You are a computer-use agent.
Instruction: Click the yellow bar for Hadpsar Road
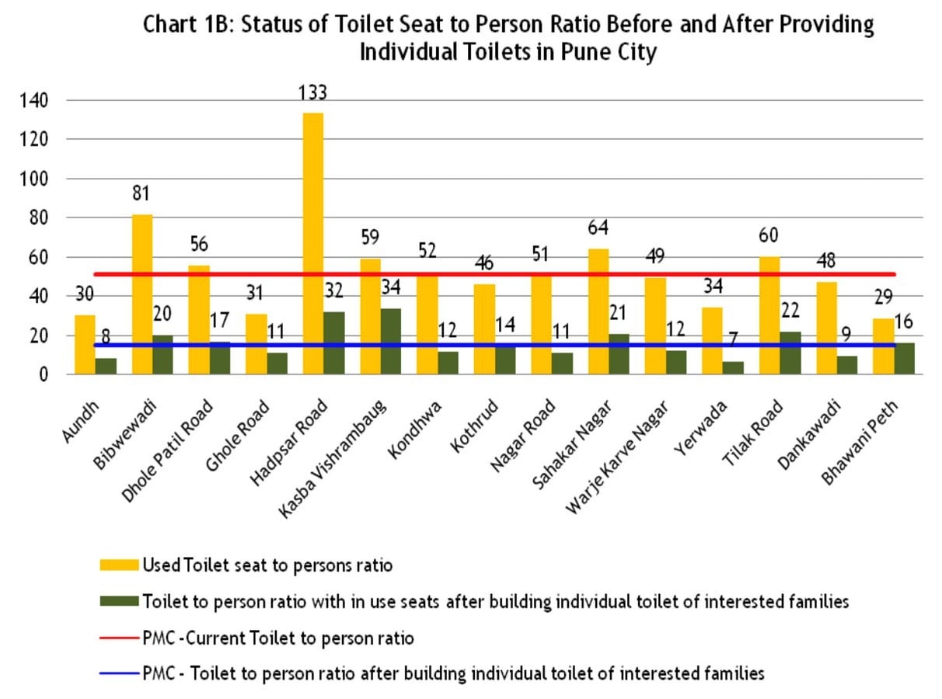pyautogui.click(x=313, y=244)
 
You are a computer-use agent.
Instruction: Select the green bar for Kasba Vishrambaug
pyautogui.click(x=391, y=341)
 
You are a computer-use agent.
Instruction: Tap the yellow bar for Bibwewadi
pyautogui.click(x=142, y=294)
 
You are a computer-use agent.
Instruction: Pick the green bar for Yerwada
pyautogui.click(x=734, y=368)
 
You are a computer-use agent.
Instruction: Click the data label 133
pyautogui.click(x=312, y=92)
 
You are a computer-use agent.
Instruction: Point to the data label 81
pyautogui.click(x=141, y=193)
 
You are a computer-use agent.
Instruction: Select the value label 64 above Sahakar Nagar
pyautogui.click(x=598, y=228)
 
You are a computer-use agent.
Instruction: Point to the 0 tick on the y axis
pyautogui.click(x=44, y=375)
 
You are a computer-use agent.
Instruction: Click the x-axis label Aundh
pyautogui.click(x=81, y=421)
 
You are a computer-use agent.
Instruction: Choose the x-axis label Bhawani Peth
pyautogui.click(x=860, y=442)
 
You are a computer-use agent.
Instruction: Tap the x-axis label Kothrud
pyautogui.click(x=474, y=426)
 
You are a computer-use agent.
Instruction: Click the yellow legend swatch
pyautogui.click(x=120, y=565)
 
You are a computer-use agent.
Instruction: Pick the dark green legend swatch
pyautogui.click(x=120, y=601)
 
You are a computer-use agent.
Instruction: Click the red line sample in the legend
pyautogui.click(x=120, y=638)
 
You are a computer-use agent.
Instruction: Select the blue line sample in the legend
pyautogui.click(x=120, y=673)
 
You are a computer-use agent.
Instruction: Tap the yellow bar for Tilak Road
pyautogui.click(x=769, y=315)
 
